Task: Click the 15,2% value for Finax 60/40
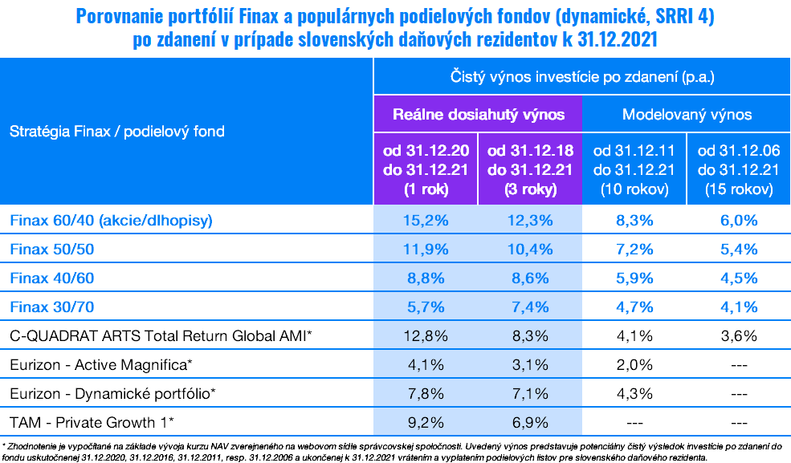(x=426, y=219)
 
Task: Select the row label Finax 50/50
(x=53, y=249)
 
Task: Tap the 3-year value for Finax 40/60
(x=529, y=278)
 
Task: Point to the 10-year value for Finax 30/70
(x=634, y=307)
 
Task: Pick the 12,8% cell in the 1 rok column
(x=426, y=335)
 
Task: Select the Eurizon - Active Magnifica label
(x=101, y=365)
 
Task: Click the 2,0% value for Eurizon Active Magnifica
(x=634, y=365)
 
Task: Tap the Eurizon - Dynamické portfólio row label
(x=113, y=394)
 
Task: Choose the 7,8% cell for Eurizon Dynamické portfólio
(x=426, y=394)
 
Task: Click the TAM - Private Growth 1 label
(x=92, y=423)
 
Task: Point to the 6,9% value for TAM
(x=529, y=423)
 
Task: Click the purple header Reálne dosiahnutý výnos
(x=478, y=114)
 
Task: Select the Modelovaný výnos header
(x=687, y=114)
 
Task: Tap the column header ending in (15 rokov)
(x=738, y=170)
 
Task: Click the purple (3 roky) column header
(x=529, y=170)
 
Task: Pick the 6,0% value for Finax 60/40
(x=738, y=219)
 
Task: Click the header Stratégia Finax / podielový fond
(x=117, y=131)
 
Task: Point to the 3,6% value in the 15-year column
(x=738, y=335)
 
